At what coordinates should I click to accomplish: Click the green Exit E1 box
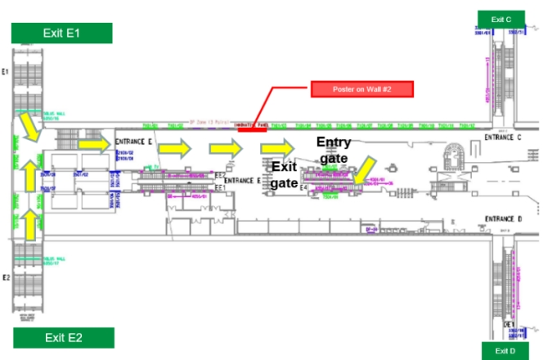tap(61, 32)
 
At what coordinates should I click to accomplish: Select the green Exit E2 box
tap(62, 336)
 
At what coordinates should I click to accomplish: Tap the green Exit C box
tap(501, 19)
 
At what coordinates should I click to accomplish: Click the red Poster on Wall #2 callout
tap(361, 88)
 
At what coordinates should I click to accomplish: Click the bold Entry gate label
tap(334, 149)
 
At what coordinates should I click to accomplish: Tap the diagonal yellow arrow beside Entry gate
tap(363, 170)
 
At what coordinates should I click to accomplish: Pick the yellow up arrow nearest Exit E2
tap(28, 223)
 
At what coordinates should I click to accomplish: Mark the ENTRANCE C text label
tap(501, 137)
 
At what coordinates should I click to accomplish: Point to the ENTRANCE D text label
tap(503, 219)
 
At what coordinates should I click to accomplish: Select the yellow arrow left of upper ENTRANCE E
tap(93, 144)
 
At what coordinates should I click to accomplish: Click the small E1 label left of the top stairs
tap(5, 72)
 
